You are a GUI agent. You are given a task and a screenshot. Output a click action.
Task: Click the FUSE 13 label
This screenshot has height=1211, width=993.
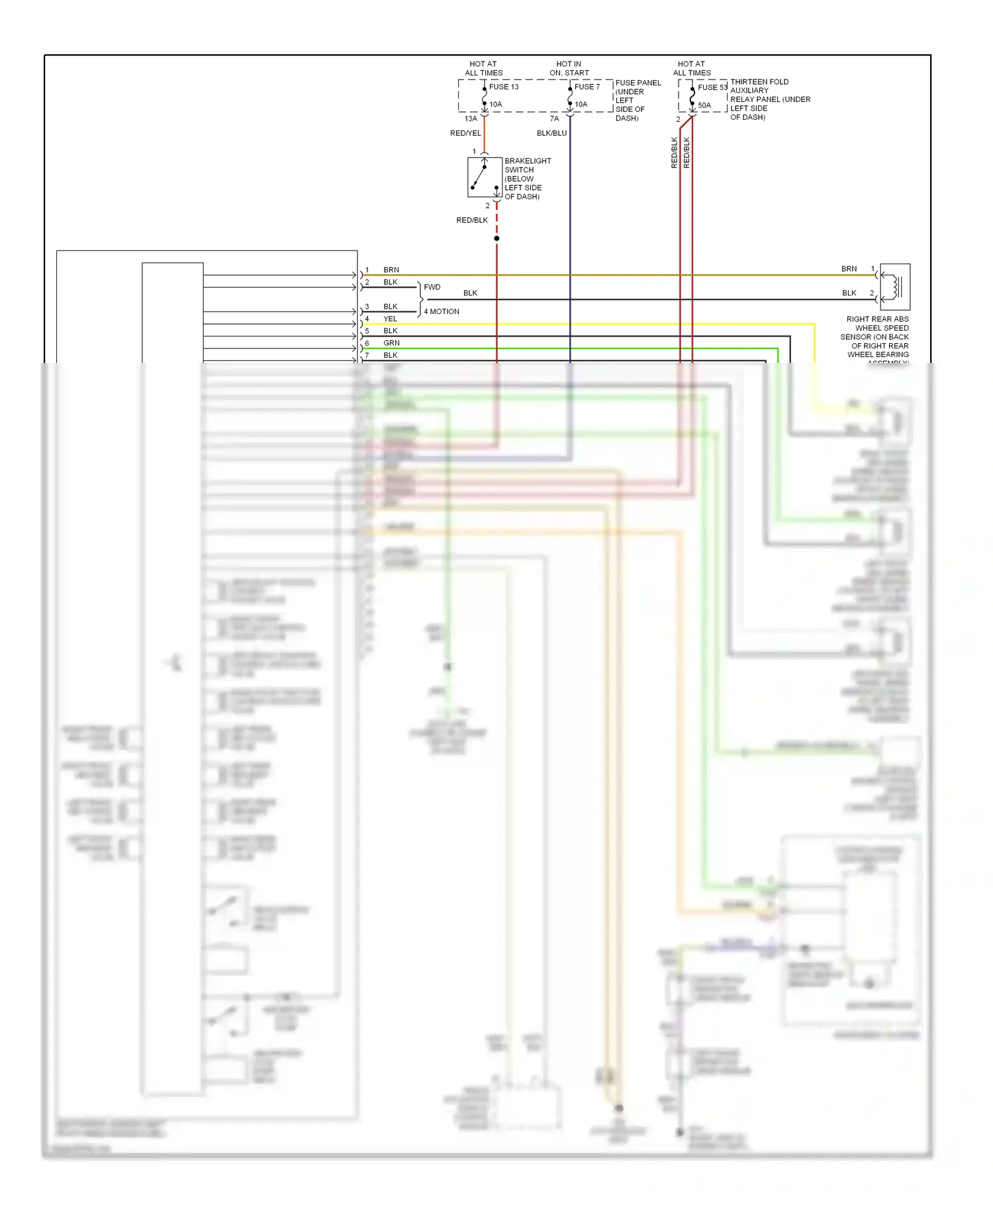tap(504, 87)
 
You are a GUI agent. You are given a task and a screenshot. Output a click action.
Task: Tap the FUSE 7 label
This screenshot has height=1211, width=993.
tap(587, 87)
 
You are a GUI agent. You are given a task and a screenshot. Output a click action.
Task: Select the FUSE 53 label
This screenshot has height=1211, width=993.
tap(712, 87)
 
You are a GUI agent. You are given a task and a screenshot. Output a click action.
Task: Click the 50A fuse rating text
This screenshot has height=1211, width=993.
tap(704, 105)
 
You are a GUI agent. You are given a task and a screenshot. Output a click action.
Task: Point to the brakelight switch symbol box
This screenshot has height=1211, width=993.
tap(484, 177)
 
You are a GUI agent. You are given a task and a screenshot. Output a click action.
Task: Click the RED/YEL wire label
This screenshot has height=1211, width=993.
tap(465, 133)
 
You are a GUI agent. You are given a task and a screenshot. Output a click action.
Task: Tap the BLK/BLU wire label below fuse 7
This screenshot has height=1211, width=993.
tap(551, 133)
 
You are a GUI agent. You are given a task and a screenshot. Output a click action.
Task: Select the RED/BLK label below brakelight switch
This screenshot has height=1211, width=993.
tap(472, 220)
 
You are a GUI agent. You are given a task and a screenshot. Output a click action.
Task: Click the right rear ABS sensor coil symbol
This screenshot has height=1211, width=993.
tap(896, 287)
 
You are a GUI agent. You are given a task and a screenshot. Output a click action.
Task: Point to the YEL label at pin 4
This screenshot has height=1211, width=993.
tap(391, 319)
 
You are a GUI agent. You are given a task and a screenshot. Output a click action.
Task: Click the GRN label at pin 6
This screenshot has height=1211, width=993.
tap(391, 343)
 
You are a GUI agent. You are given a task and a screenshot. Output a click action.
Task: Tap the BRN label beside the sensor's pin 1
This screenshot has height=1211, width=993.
tap(849, 269)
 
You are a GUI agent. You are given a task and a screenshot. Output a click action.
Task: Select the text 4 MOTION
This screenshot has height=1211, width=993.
tap(442, 311)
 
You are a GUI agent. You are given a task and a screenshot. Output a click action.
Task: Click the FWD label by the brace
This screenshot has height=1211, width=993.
tap(432, 287)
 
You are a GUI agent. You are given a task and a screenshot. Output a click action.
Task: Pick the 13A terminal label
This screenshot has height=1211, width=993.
tap(471, 119)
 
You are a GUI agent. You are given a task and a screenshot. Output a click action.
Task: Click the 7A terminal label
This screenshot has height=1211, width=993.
tap(554, 119)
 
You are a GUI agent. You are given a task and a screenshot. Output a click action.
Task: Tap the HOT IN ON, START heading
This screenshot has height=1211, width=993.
tap(569, 68)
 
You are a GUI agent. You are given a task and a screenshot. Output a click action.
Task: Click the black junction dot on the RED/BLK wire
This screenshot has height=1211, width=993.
tap(496, 238)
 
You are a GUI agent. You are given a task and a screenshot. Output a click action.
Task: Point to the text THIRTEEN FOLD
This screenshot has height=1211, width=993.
tap(759, 82)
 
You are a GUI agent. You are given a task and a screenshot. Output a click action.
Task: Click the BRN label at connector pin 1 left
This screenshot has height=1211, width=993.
tap(391, 270)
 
